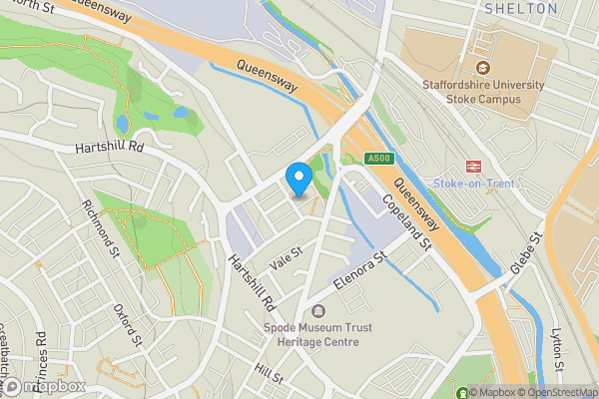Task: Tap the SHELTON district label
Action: click(520, 8)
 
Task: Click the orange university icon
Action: click(483, 69)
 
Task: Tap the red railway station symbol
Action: click(472, 166)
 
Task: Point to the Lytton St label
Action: click(558, 354)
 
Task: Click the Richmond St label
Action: click(100, 229)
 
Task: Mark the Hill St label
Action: click(270, 374)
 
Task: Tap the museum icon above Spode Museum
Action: click(318, 309)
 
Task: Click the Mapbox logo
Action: click(45, 386)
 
